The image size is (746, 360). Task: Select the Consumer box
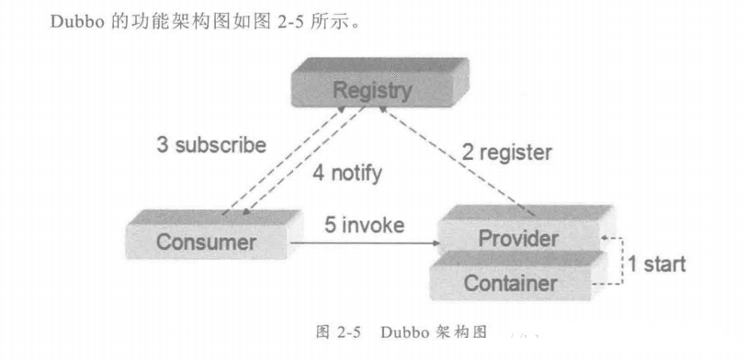coord(206,242)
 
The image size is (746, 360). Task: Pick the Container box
coord(509,283)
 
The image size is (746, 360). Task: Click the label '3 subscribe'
coord(211,145)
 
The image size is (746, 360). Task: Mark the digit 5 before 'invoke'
coord(329,226)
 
